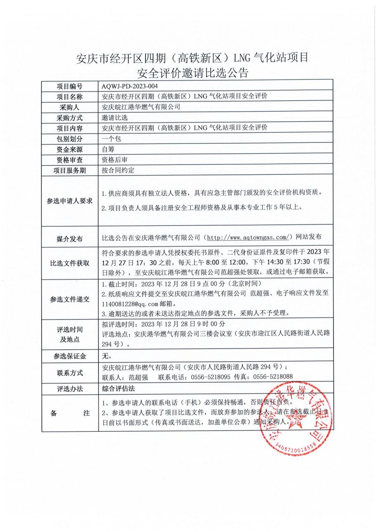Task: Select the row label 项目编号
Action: pyautogui.click(x=69, y=86)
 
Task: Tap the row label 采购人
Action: pyautogui.click(x=69, y=107)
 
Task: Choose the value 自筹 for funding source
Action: pyautogui.click(x=108, y=149)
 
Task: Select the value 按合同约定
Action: pyautogui.click(x=118, y=170)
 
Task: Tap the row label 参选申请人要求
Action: pyautogui.click(x=69, y=201)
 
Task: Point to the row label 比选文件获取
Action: pyautogui.click(x=69, y=263)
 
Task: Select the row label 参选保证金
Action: pyautogui.click(x=69, y=356)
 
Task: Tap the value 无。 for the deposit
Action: pyautogui.click(x=106, y=355)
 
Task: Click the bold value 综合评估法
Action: pyautogui.click(x=118, y=388)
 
